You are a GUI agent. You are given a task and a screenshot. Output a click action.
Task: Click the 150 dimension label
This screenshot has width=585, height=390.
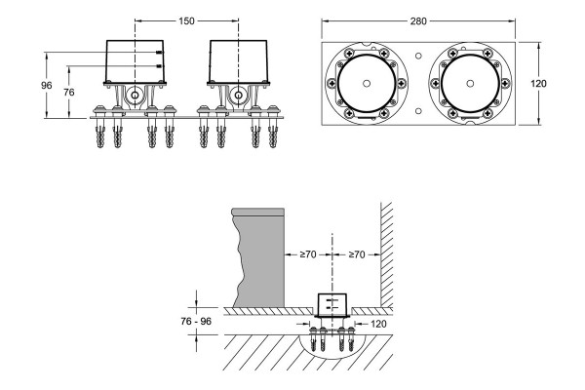point(186,21)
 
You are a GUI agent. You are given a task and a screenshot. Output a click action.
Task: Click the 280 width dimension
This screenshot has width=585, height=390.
point(418,21)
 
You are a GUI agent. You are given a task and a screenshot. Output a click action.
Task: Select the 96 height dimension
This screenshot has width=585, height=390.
point(46,86)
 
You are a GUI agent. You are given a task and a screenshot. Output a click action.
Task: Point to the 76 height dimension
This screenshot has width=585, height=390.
point(69,93)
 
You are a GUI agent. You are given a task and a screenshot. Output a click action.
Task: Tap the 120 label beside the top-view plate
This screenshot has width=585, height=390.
point(538,84)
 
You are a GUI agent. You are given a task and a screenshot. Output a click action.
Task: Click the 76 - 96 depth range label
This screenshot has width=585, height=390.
point(196,321)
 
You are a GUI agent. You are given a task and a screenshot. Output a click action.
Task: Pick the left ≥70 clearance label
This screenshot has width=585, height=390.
point(308,254)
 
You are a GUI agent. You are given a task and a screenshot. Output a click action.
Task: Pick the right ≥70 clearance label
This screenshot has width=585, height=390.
point(356,254)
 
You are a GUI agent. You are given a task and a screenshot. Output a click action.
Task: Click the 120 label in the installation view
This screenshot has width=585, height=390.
point(378,324)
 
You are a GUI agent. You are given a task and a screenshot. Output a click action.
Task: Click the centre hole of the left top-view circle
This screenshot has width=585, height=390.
point(367,84)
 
